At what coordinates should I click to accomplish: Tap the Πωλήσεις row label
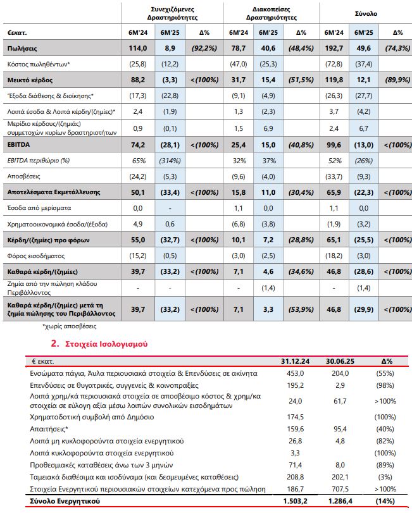[x=22, y=47]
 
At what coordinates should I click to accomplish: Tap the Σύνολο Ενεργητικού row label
[x=66, y=502]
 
